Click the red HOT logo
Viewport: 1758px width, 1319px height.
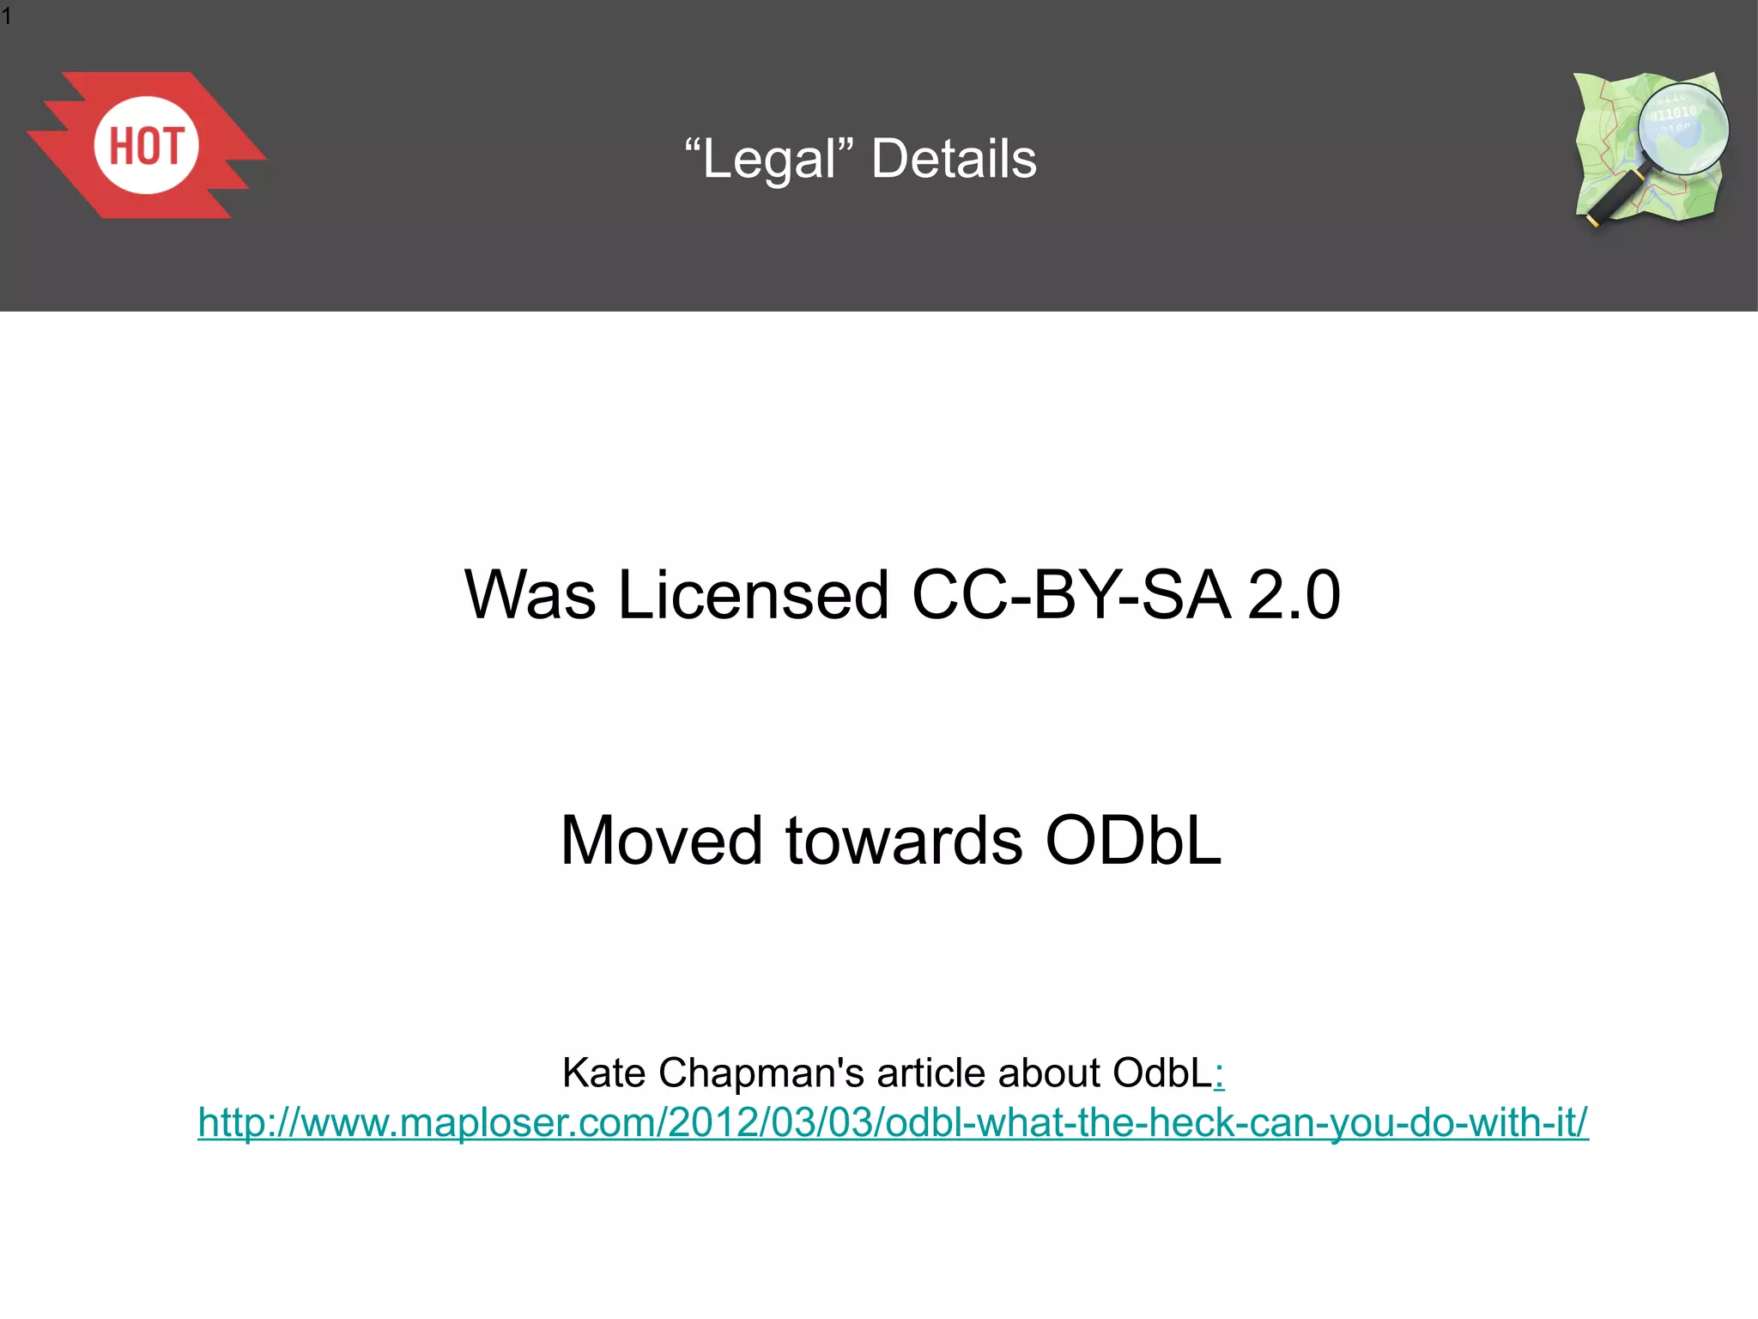pyautogui.click(x=146, y=145)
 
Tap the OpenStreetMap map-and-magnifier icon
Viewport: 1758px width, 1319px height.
pyautogui.click(x=1650, y=148)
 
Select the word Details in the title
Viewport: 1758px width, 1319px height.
pyautogui.click(x=954, y=160)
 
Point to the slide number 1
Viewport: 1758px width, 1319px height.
pyautogui.click(x=7, y=16)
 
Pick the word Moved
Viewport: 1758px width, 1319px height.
pyautogui.click(x=661, y=840)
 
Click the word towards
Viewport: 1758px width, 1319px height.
pyautogui.click(x=904, y=840)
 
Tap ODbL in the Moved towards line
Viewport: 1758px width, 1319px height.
pyautogui.click(x=1133, y=840)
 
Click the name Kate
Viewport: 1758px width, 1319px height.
pyautogui.click(x=603, y=1073)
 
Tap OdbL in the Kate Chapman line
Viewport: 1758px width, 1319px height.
pyautogui.click(x=1162, y=1073)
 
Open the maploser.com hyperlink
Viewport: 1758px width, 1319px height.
pyautogui.click(x=893, y=1122)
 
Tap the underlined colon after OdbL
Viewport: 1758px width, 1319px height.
pyautogui.click(x=1220, y=1074)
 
